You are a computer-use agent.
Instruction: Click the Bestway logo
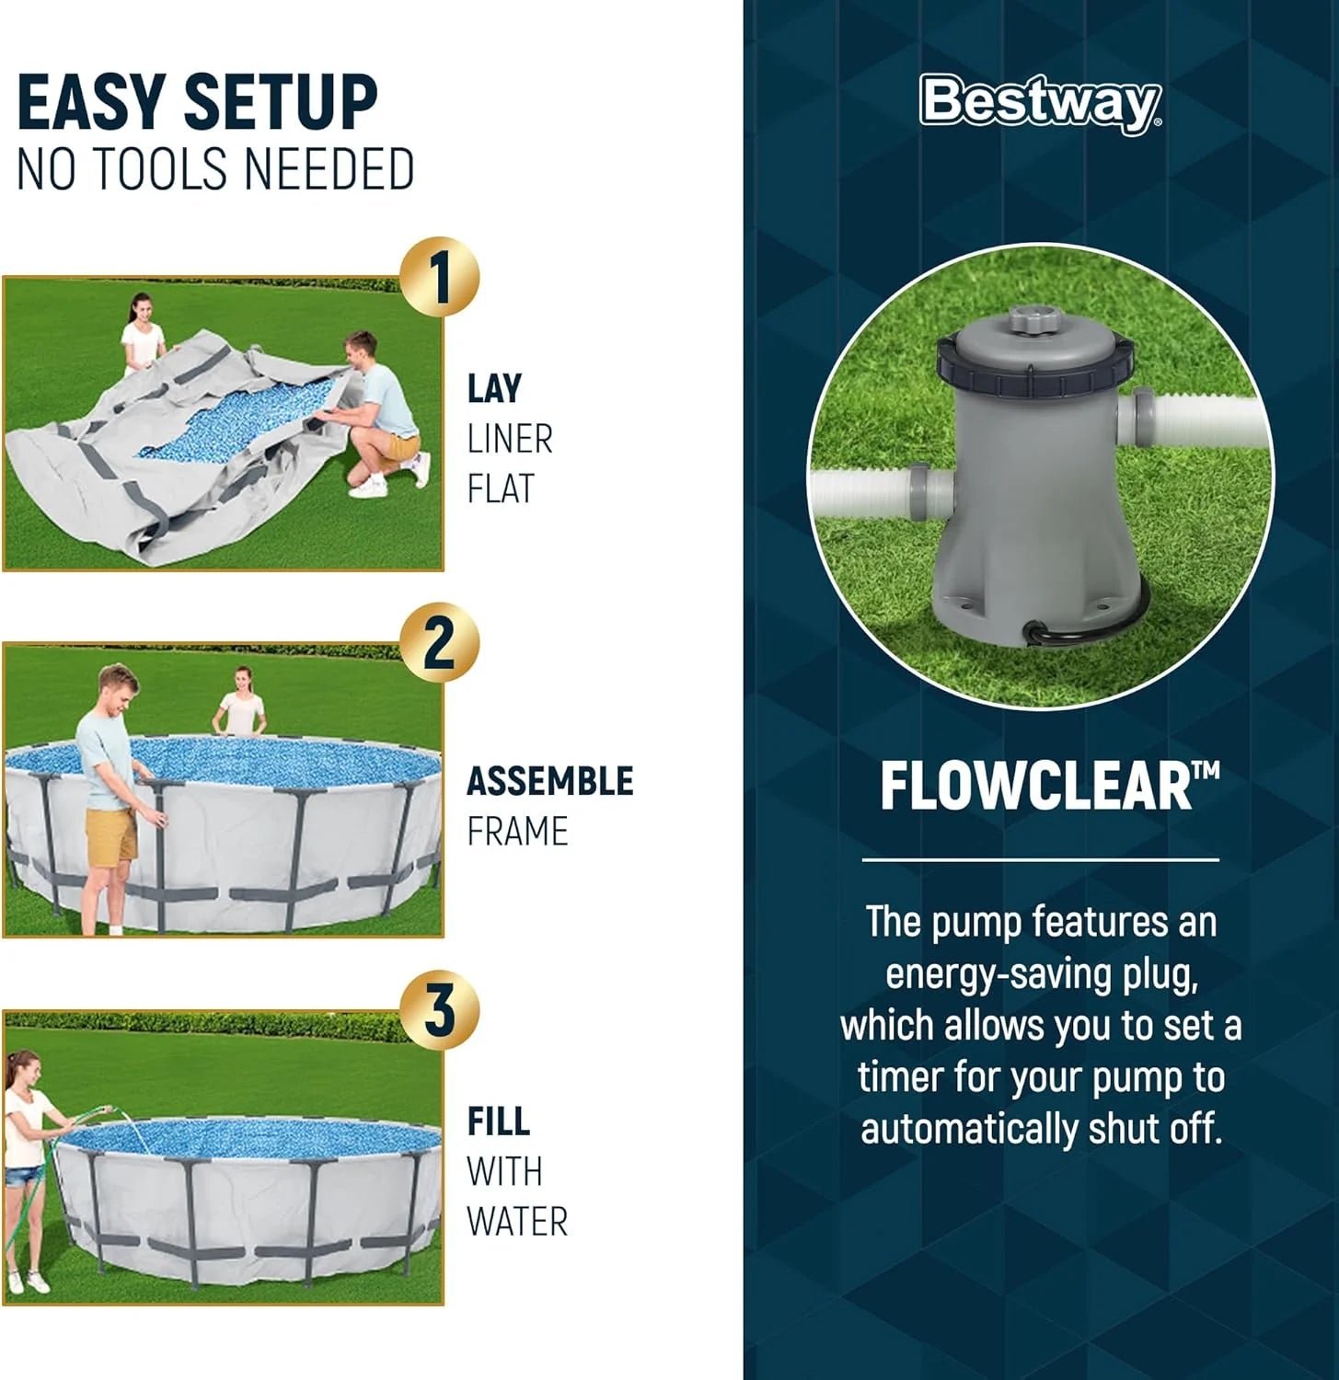click(x=1041, y=103)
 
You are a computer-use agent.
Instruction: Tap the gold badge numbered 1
click(x=440, y=277)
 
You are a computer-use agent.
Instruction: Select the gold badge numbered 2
click(x=440, y=644)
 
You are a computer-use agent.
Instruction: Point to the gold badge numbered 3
click(x=440, y=1010)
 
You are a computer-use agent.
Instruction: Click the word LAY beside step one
click(x=494, y=388)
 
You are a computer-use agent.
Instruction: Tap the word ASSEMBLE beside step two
click(x=550, y=781)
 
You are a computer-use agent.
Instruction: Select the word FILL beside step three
click(x=499, y=1121)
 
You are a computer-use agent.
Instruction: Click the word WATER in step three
click(x=517, y=1222)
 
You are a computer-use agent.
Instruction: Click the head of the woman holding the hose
click(x=25, y=1071)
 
